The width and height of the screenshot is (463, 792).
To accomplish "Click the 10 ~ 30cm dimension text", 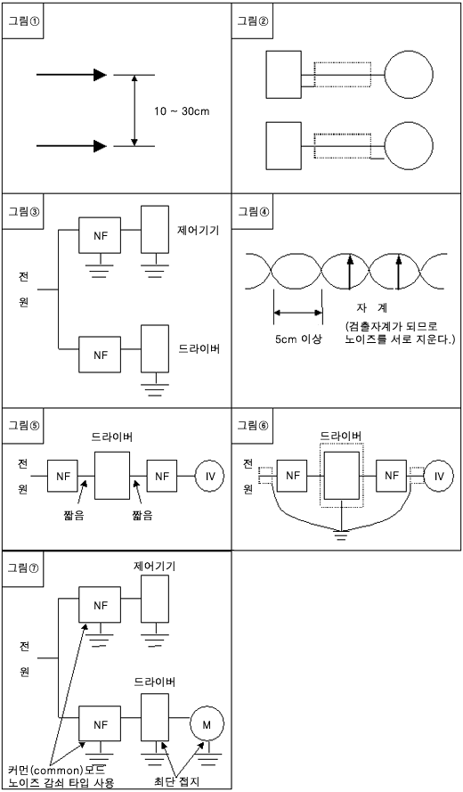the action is point(182,111).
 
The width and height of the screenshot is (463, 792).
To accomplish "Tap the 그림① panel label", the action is point(22,20).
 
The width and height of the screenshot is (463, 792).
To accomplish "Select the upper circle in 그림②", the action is point(409,75).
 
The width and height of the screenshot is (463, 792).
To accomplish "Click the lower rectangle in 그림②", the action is point(284,146).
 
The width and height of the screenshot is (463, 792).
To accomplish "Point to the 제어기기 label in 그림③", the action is point(199,232).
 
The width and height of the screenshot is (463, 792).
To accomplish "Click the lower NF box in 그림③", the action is point(100,355).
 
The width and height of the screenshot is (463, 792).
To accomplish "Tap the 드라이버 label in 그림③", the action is point(199,348).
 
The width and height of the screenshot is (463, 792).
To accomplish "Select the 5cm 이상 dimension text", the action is point(298,339).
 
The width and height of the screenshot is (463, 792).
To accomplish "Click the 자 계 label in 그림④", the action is point(371,307).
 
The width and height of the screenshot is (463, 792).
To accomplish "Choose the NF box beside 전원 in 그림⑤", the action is point(62,476).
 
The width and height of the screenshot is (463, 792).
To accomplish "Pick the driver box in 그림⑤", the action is point(112,476).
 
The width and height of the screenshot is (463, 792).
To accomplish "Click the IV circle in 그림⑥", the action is point(439,476).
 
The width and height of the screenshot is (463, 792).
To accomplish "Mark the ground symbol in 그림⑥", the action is point(342,535).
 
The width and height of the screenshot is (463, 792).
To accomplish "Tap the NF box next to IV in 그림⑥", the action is point(391,476).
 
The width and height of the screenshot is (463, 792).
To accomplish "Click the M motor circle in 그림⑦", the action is point(207,725).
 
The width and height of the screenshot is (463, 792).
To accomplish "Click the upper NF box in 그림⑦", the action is point(100,605).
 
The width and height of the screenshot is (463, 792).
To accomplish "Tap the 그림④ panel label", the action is point(252,211).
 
